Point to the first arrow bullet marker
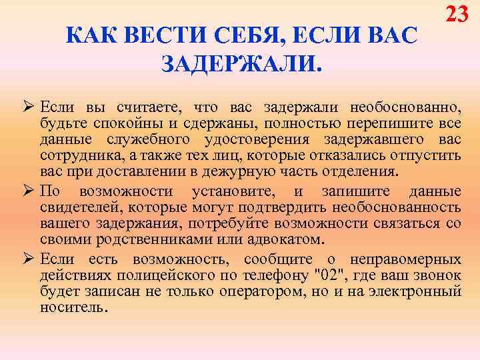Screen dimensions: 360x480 coord(27,107)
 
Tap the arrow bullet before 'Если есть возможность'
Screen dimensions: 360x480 coord(27,259)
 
